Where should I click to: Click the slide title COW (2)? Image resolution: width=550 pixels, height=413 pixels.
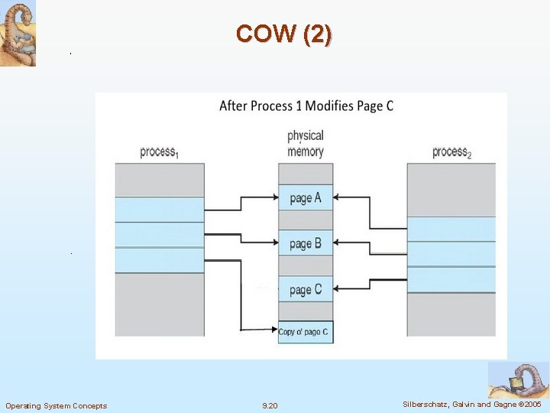[x=284, y=34]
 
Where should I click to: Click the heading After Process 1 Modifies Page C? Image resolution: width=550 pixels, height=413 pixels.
[x=306, y=106]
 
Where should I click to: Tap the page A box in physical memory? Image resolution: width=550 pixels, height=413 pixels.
[x=306, y=198]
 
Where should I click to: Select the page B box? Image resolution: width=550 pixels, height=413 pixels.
[x=306, y=244]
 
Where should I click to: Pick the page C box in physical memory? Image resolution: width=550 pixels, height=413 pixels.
[x=306, y=289]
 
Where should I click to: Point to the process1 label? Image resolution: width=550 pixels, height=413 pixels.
[x=159, y=152]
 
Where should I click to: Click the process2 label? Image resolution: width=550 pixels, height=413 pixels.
[x=451, y=152]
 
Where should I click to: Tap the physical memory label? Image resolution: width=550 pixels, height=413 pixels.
[x=306, y=144]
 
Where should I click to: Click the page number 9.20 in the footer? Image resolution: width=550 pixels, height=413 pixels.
[x=270, y=405]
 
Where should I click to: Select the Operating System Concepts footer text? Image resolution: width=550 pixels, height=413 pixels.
[x=57, y=405]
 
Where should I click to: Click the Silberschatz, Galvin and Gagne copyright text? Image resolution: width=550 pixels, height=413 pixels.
[x=472, y=404]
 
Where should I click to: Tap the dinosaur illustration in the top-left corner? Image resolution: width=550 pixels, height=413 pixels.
[x=18, y=34]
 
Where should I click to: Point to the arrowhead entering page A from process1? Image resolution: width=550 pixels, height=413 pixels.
[x=274, y=197]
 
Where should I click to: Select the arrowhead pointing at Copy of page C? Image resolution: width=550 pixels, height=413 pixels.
[x=274, y=330]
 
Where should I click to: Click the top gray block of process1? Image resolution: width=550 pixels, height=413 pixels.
[x=160, y=180]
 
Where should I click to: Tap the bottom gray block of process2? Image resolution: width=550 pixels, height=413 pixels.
[x=451, y=314]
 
